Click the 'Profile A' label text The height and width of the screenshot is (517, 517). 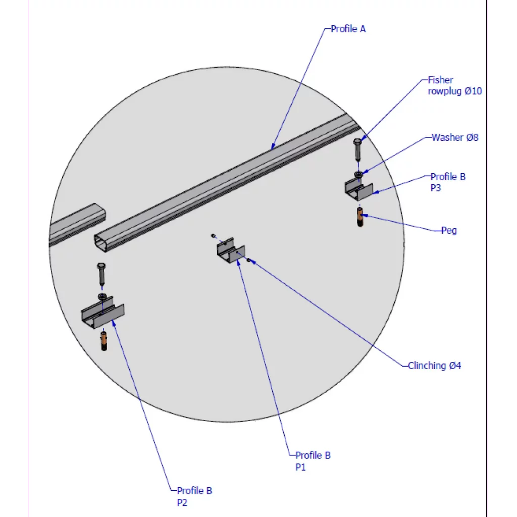(x=348, y=29)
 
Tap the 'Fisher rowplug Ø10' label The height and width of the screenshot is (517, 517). (x=455, y=85)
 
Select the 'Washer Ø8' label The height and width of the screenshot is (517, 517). (x=455, y=137)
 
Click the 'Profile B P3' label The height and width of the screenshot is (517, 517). (x=448, y=182)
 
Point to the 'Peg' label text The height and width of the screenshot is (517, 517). (x=449, y=230)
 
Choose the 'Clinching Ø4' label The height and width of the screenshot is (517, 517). (x=434, y=366)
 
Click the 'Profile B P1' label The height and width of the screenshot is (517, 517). (x=313, y=461)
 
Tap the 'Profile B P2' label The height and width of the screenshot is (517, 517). (x=194, y=496)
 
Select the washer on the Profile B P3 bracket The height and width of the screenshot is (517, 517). (x=358, y=174)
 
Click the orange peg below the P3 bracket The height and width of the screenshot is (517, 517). (x=359, y=217)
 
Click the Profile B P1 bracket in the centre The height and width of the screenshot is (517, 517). (x=231, y=250)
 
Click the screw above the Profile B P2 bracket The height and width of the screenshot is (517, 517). (x=101, y=274)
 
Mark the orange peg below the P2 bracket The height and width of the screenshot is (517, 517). (x=104, y=341)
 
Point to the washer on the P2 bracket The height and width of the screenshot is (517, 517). (x=102, y=296)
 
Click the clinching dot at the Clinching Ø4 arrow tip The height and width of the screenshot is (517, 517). (x=248, y=260)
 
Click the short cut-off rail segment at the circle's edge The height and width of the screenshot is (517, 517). (x=78, y=224)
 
